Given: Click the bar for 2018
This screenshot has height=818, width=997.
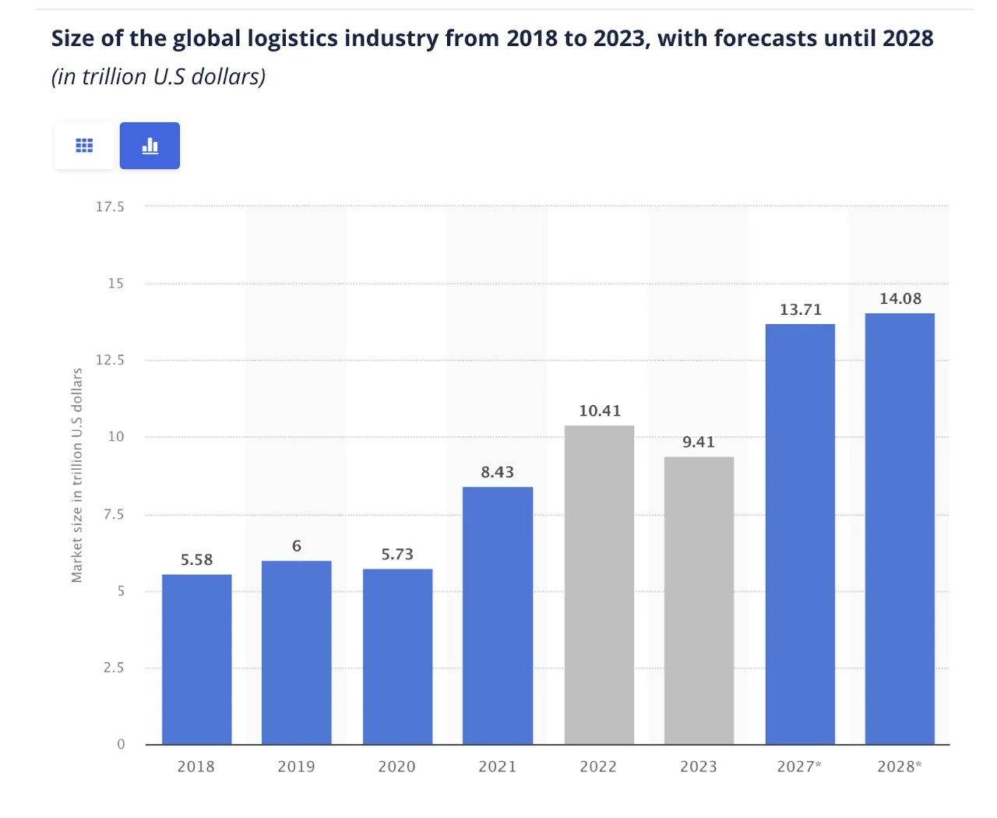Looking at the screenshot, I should pyautogui.click(x=196, y=659).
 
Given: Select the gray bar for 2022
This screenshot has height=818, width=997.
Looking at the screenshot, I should pyautogui.click(x=599, y=584).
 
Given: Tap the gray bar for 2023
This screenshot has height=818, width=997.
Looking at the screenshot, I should pyautogui.click(x=699, y=600).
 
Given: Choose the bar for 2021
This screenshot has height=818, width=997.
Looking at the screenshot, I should pyautogui.click(x=498, y=615).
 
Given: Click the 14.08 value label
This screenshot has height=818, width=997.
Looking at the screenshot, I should pyautogui.click(x=900, y=298).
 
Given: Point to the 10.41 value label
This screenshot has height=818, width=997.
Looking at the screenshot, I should pyautogui.click(x=600, y=411).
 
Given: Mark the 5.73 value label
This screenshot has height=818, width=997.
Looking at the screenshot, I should pyautogui.click(x=397, y=554).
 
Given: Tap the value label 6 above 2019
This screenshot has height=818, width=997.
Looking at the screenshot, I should pyautogui.click(x=297, y=546).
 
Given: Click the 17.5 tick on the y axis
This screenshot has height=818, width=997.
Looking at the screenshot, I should pyautogui.click(x=110, y=206).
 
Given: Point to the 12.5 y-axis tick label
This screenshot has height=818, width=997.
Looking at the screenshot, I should pyautogui.click(x=110, y=360).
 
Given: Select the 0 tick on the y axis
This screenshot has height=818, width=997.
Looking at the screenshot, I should pyautogui.click(x=121, y=744).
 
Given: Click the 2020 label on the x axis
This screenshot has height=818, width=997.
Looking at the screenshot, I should pyautogui.click(x=397, y=767).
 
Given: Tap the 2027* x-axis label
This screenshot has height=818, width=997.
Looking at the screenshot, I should pyautogui.click(x=799, y=767).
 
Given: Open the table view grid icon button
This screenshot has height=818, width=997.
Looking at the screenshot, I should pyautogui.click(x=84, y=146).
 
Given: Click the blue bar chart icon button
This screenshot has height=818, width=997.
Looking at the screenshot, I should pyautogui.click(x=150, y=146).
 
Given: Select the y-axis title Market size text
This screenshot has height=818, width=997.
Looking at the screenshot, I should pyautogui.click(x=77, y=475).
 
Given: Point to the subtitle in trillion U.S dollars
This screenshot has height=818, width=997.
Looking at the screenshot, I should pyautogui.click(x=159, y=76).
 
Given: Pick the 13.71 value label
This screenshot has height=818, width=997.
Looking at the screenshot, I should pyautogui.click(x=801, y=309).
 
